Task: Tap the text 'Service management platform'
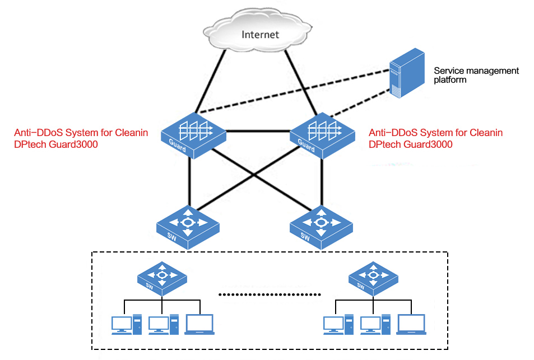(x=476, y=75)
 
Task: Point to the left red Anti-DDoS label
(x=81, y=138)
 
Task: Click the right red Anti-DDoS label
(x=435, y=138)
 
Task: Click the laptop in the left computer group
(x=199, y=324)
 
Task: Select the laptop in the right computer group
(x=411, y=324)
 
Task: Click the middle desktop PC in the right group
(x=375, y=324)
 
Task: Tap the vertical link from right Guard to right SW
(x=322, y=182)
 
